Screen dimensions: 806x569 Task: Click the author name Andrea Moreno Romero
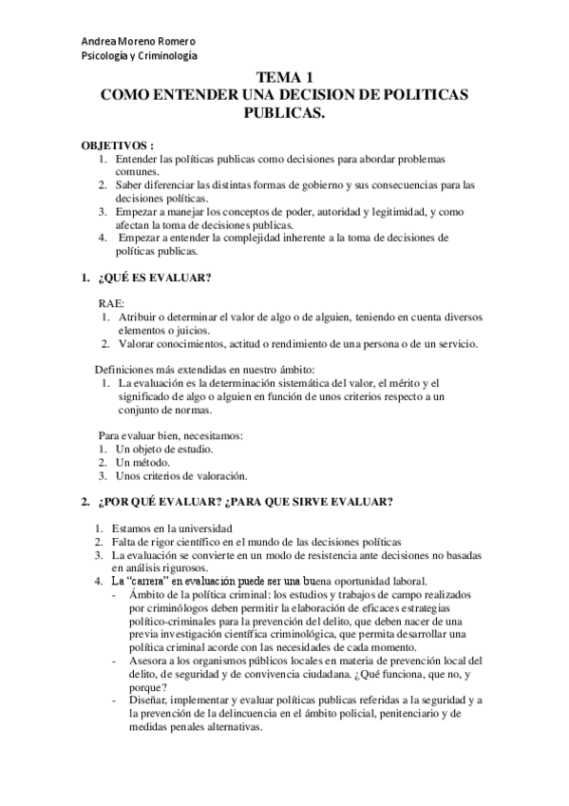pos(139,42)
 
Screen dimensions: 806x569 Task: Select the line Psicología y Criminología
pos(139,56)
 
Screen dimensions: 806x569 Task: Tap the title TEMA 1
pos(284,80)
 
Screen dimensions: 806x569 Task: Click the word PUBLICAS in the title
pos(284,112)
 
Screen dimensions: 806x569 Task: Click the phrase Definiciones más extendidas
pos(160,369)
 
